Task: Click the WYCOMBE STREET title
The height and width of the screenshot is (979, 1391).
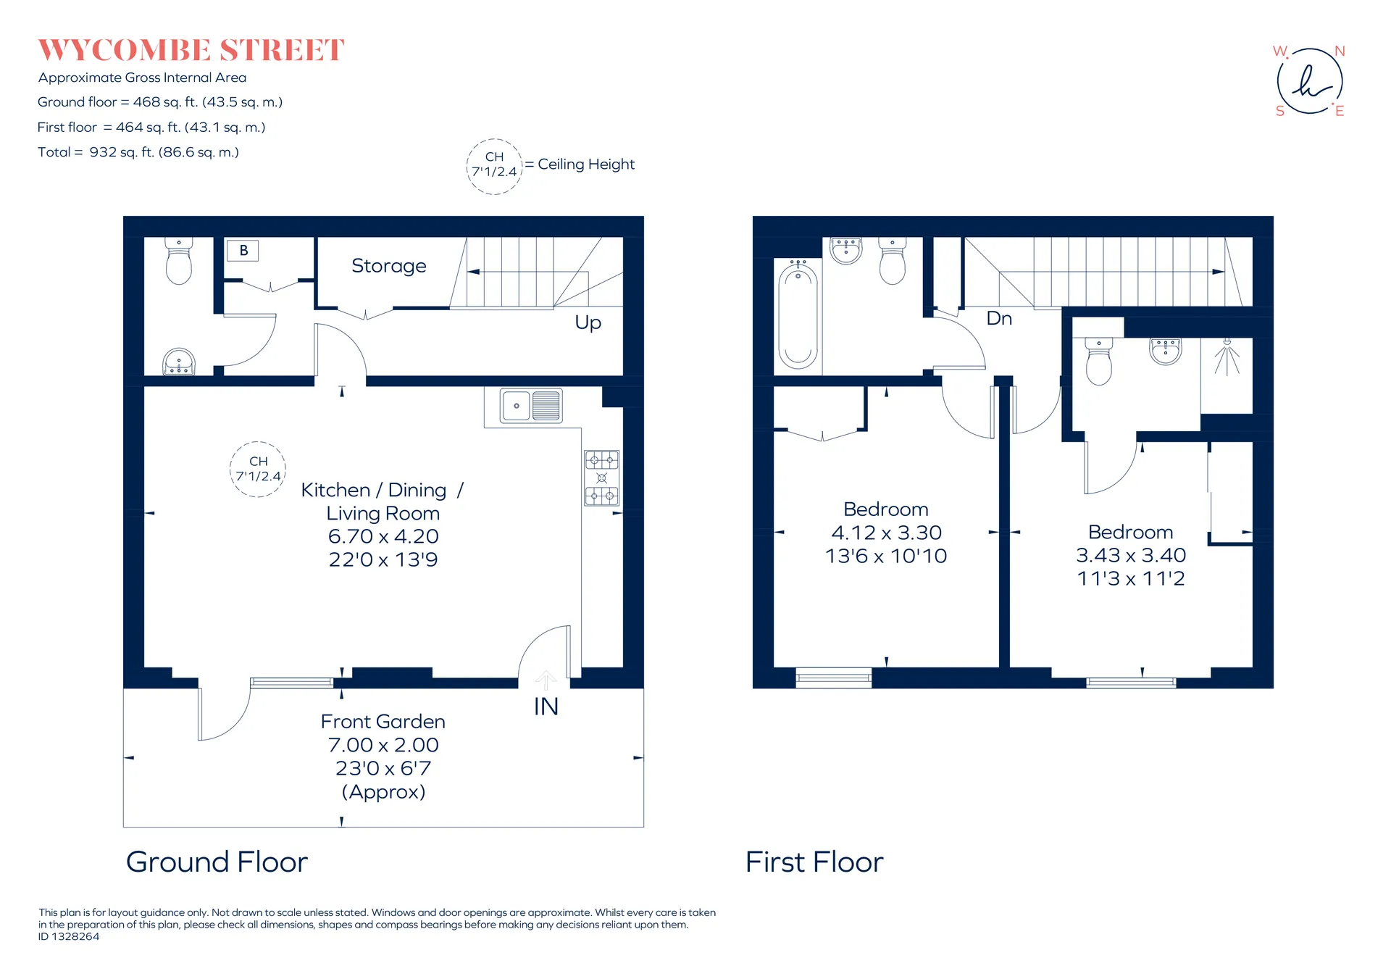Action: point(191,50)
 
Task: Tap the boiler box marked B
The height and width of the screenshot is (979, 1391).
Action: point(243,251)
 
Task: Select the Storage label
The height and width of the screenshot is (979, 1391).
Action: point(389,266)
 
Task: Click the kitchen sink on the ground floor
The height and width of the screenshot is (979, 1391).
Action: point(531,406)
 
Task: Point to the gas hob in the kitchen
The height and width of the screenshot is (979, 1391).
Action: point(602,478)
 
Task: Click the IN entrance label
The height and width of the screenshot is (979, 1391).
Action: point(546,707)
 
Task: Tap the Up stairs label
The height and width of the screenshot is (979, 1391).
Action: point(588,322)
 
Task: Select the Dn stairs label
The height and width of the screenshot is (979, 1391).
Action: point(999,318)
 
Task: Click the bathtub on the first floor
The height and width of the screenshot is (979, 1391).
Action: point(798,315)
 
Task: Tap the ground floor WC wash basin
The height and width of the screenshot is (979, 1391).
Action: point(179,362)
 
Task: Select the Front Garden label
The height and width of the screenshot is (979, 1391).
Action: point(383,722)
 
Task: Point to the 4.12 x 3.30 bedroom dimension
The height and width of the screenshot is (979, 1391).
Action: point(886,533)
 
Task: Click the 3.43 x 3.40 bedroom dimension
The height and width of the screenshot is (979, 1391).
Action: point(1131,555)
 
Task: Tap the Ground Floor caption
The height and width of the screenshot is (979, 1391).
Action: point(217,862)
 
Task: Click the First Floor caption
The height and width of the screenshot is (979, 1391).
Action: point(814,862)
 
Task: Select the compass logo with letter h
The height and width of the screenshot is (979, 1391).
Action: point(1310,80)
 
